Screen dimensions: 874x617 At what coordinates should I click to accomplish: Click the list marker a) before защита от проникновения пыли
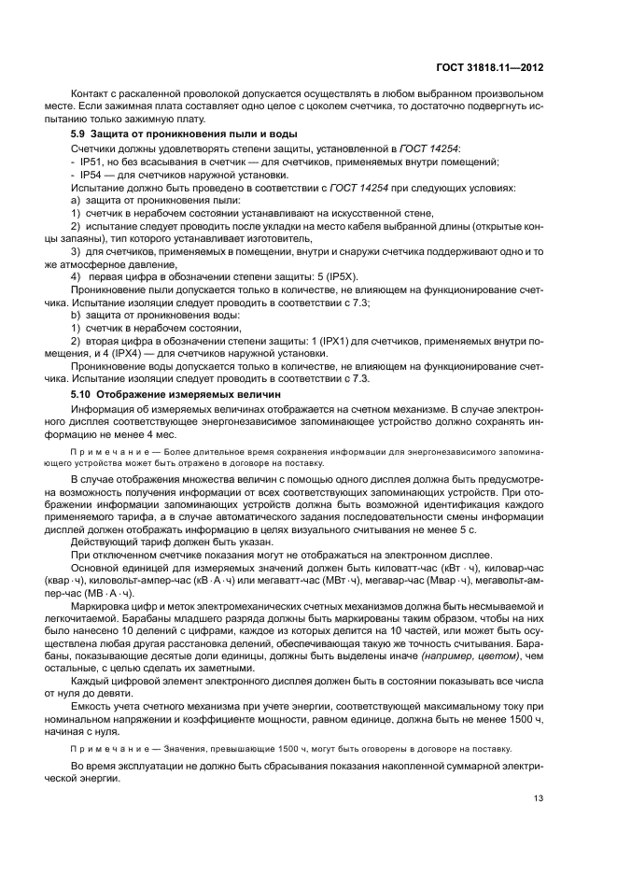click(x=76, y=200)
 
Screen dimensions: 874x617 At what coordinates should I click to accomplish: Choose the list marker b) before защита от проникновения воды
click(x=76, y=317)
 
